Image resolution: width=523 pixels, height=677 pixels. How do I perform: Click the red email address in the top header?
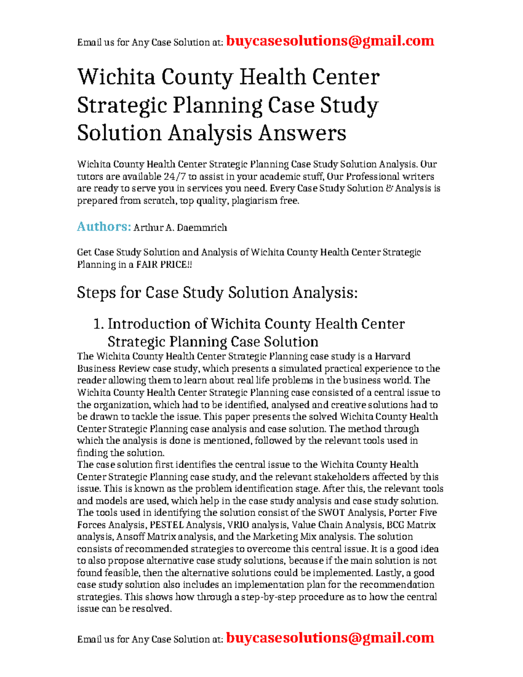click(x=330, y=41)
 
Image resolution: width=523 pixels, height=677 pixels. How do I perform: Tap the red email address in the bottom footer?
click(x=330, y=638)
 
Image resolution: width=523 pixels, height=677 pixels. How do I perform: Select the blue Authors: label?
click(x=104, y=227)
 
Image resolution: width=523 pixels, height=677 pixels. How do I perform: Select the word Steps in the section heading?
click(x=95, y=293)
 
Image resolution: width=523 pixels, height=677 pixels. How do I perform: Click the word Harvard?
click(x=392, y=357)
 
